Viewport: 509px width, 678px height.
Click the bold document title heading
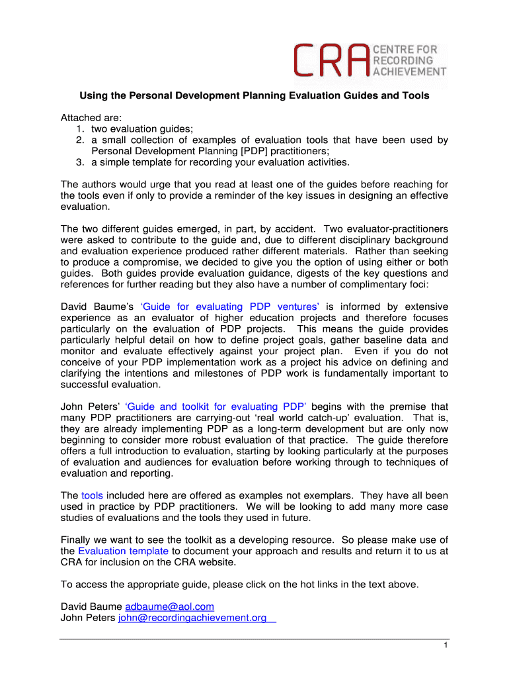click(255, 96)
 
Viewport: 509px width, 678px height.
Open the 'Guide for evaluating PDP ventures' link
click(231, 307)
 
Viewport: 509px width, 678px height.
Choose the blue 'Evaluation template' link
click(123, 551)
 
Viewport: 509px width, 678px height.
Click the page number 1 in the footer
click(446, 646)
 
